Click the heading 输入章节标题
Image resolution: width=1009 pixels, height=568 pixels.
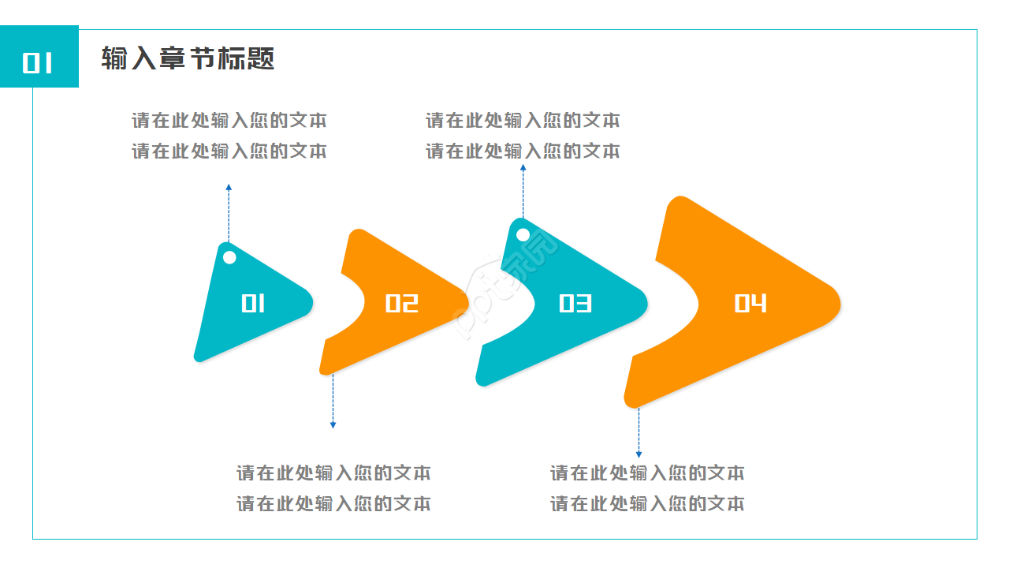click(188, 58)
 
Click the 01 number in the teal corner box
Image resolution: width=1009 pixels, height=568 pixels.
click(38, 62)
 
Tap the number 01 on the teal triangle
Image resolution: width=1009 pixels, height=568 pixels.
click(253, 304)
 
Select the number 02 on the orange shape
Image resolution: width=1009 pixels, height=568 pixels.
click(401, 304)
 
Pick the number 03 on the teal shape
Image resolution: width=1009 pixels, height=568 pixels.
click(575, 304)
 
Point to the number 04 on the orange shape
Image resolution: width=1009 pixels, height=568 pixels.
click(750, 304)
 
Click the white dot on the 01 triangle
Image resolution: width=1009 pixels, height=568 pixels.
click(229, 257)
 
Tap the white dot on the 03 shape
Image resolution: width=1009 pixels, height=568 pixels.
click(523, 234)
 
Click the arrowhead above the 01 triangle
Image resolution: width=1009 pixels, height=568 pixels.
click(229, 188)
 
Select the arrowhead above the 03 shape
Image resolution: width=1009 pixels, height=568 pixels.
click(523, 167)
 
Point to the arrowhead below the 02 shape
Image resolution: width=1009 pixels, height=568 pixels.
click(333, 425)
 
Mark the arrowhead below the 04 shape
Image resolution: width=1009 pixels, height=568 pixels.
click(639, 454)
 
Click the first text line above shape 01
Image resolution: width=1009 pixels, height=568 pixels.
click(229, 121)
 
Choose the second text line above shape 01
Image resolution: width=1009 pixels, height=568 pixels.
click(229, 151)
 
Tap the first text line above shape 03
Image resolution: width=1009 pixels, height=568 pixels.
click(523, 121)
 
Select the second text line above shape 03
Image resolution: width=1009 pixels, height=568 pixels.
click(523, 151)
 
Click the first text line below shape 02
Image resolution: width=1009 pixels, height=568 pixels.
click(333, 473)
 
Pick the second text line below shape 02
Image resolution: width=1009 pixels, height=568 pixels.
click(333, 503)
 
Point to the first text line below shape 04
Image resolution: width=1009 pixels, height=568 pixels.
click(647, 473)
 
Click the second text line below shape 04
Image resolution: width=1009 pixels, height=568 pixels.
click(647, 503)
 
